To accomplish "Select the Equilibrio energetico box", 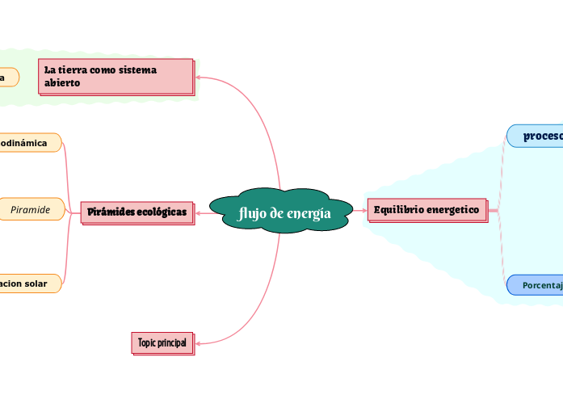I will click(x=426, y=210).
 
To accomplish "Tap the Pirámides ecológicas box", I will click(x=137, y=212).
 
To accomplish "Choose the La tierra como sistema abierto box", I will click(x=116, y=76).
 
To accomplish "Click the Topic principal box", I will click(x=162, y=342).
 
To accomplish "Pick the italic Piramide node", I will click(x=31, y=209).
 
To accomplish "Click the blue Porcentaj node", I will click(x=536, y=285).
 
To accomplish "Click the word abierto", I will click(x=62, y=83).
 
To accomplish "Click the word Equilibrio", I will click(x=398, y=210).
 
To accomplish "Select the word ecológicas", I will click(x=162, y=212).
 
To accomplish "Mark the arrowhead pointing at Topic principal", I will click(x=198, y=343).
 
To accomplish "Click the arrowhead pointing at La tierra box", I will click(x=200, y=78).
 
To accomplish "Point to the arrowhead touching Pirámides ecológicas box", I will click(x=199, y=212).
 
